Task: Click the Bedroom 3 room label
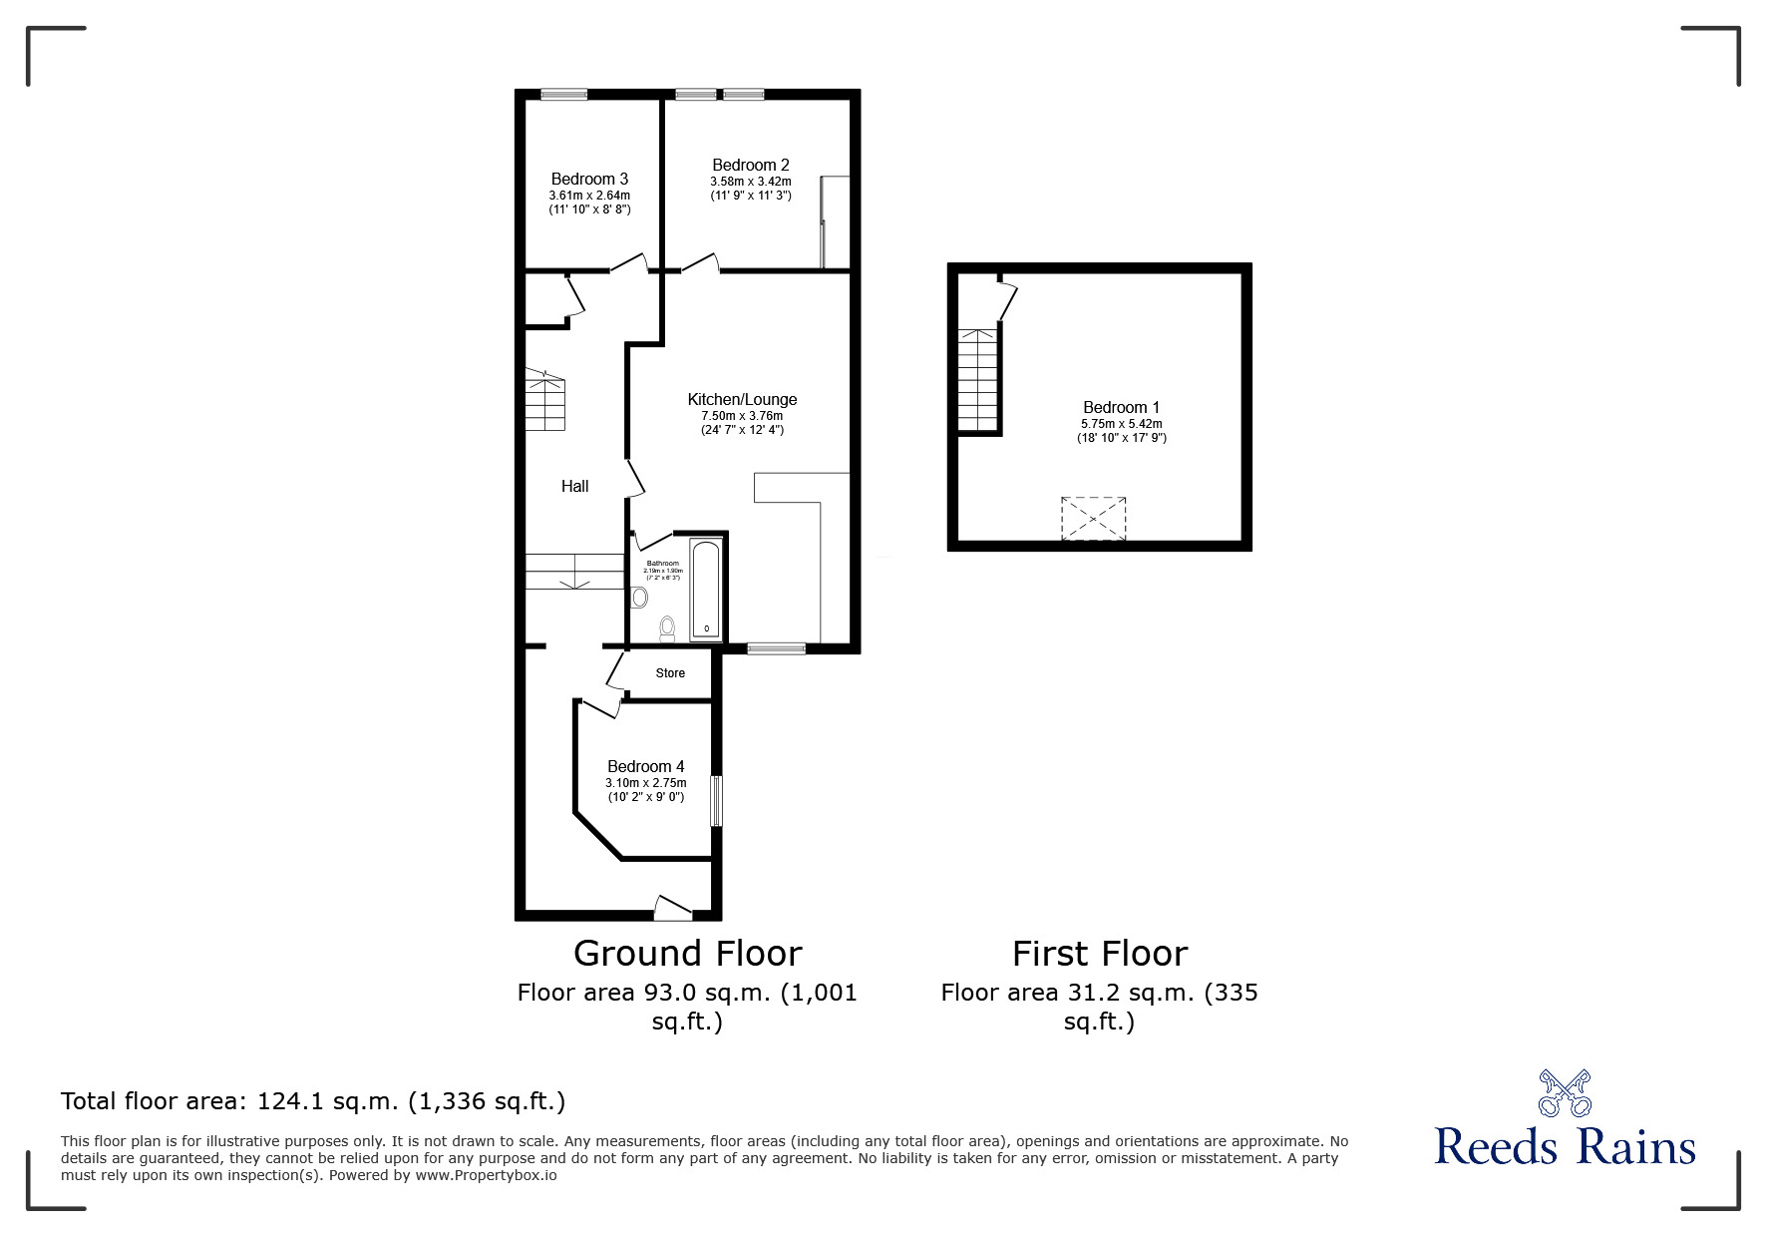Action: coord(588,180)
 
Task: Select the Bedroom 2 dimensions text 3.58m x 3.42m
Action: coord(750,182)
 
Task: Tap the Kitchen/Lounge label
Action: coord(742,399)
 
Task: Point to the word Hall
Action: coord(574,487)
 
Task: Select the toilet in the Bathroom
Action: coord(667,629)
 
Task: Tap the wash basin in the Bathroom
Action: coord(639,598)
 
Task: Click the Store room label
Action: coord(670,673)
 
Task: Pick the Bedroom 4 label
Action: coord(645,766)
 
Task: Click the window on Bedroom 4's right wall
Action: coord(715,801)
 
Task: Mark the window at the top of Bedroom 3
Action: coord(563,95)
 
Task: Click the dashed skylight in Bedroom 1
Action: coord(1093,519)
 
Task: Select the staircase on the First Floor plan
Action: coord(978,379)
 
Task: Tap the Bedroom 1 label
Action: coord(1121,407)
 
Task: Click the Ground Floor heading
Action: coord(687,954)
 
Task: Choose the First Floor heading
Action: coord(1099,954)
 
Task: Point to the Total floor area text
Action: coord(313,1101)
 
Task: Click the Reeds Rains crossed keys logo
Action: coord(1565,1093)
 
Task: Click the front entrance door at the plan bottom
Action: coord(673,908)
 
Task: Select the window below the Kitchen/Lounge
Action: coord(776,648)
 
